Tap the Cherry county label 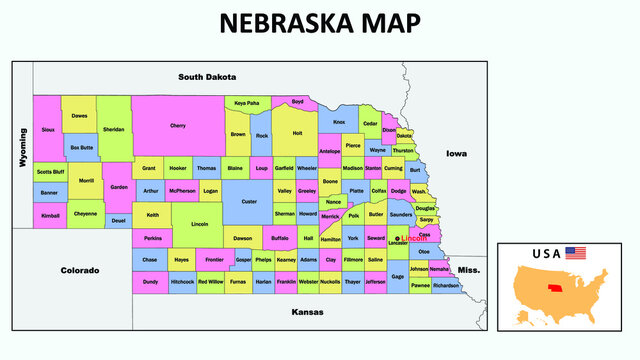(x=178, y=126)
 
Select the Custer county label (x=249, y=201)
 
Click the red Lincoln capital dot (x=397, y=238)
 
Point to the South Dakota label (x=207, y=77)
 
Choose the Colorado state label (x=80, y=270)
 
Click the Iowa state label (x=456, y=154)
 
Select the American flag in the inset (x=575, y=253)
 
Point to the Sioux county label (x=48, y=129)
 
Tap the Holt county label (x=297, y=132)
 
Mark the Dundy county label (x=150, y=282)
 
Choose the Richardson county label (x=446, y=285)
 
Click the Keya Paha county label (x=246, y=103)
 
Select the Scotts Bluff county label (x=51, y=172)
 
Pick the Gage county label (x=397, y=276)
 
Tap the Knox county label (x=339, y=122)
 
